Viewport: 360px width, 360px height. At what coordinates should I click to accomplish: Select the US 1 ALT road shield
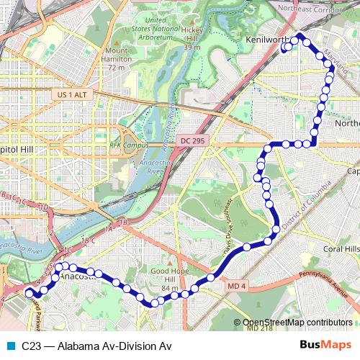69,94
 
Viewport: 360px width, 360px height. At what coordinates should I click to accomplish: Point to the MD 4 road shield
237,287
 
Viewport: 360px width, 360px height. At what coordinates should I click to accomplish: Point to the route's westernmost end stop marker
29,293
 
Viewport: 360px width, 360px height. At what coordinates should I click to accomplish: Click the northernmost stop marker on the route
300,35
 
